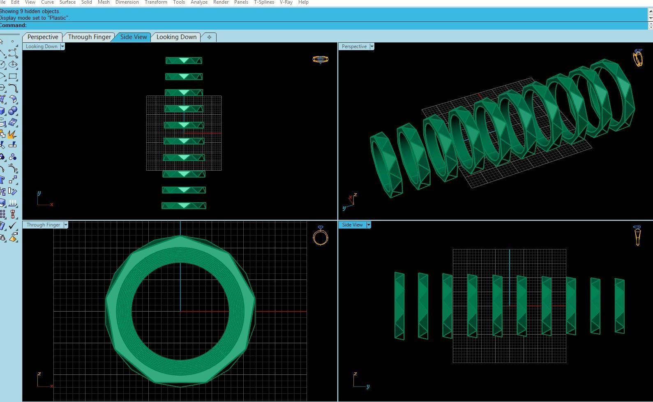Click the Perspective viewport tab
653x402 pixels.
click(x=43, y=37)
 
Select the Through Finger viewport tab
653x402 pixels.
click(x=89, y=37)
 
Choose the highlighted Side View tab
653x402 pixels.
click(x=134, y=37)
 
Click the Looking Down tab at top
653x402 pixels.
click(x=176, y=37)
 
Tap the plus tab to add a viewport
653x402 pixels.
click(x=209, y=37)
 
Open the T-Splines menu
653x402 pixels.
click(x=264, y=2)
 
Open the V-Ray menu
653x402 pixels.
click(x=286, y=2)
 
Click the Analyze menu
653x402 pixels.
click(x=199, y=2)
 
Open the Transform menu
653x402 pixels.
click(x=156, y=2)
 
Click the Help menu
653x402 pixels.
click(x=303, y=2)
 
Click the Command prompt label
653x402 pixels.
click(x=13, y=25)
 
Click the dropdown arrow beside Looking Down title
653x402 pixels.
click(x=62, y=46)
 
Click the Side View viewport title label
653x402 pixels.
click(x=352, y=225)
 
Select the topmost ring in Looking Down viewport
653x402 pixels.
click(x=184, y=60)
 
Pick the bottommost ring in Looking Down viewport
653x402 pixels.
click(x=184, y=206)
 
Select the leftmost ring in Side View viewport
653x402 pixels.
click(x=399, y=306)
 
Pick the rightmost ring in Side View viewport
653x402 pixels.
click(x=619, y=306)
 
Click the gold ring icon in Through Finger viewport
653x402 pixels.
click(x=320, y=236)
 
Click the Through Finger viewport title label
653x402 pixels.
click(x=43, y=225)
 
